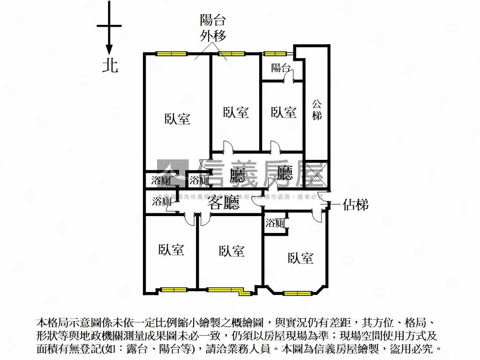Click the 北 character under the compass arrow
point(110,65)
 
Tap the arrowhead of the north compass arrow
point(109,50)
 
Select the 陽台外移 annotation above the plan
point(213,28)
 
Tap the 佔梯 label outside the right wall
point(355,205)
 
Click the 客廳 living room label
point(224,203)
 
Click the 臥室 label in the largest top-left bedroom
point(177,119)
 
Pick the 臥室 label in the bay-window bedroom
point(300,258)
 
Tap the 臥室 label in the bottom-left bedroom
point(171,249)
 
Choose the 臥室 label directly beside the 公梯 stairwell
point(284,112)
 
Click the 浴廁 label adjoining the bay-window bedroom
point(275,223)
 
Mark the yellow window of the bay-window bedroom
point(297,293)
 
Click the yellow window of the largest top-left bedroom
point(172,53)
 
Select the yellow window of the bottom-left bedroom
point(173,290)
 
